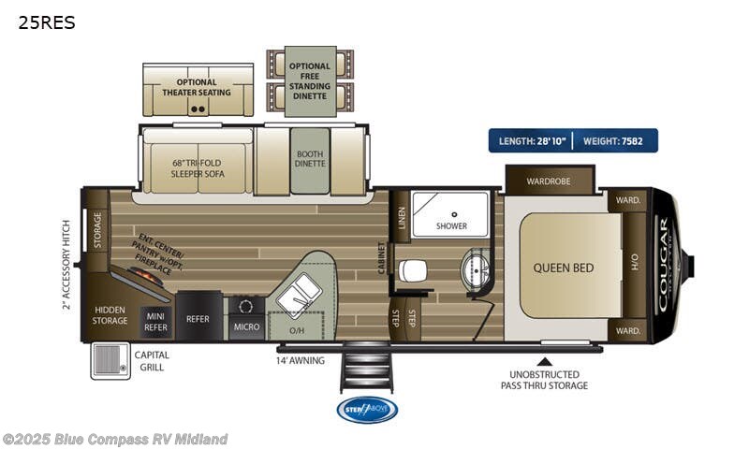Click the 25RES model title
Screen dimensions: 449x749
point(46,22)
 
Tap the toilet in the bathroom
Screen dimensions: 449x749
point(412,271)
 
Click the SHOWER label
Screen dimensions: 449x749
point(451,226)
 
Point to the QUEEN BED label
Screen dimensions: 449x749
point(564,268)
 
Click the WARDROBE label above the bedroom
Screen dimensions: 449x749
point(549,181)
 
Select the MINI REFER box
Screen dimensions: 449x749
point(155,323)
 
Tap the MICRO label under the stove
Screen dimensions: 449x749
point(246,326)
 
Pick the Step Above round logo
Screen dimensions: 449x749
point(367,410)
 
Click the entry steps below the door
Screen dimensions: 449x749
point(366,368)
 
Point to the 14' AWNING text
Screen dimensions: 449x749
point(300,360)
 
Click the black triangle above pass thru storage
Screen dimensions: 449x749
point(544,358)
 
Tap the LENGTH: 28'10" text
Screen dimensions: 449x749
point(531,140)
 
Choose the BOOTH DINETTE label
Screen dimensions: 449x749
point(310,159)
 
